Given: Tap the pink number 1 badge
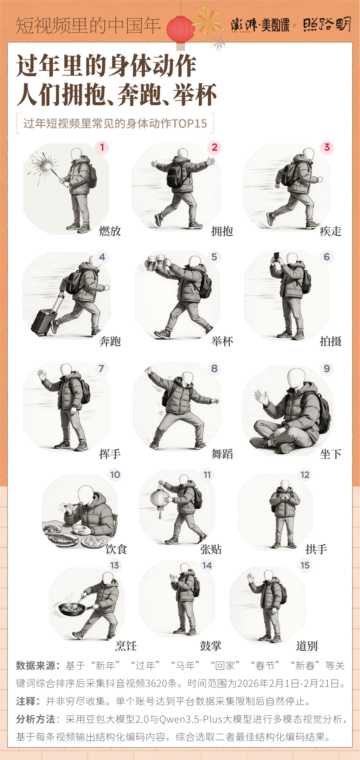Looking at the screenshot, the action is (x=102, y=147).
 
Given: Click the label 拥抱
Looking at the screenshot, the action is (x=222, y=231).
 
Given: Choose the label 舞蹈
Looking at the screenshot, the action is (x=222, y=454).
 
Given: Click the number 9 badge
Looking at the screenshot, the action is (x=327, y=369).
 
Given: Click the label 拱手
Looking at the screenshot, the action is (x=316, y=549).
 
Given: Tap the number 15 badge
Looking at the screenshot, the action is (x=305, y=565).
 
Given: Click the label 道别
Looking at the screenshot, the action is (x=307, y=646).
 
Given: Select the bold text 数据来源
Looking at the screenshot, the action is (x=36, y=665).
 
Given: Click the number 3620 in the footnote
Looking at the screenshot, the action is (x=156, y=683).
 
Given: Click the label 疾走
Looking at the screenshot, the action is (x=330, y=231).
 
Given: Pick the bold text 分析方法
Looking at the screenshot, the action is (x=36, y=719).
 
